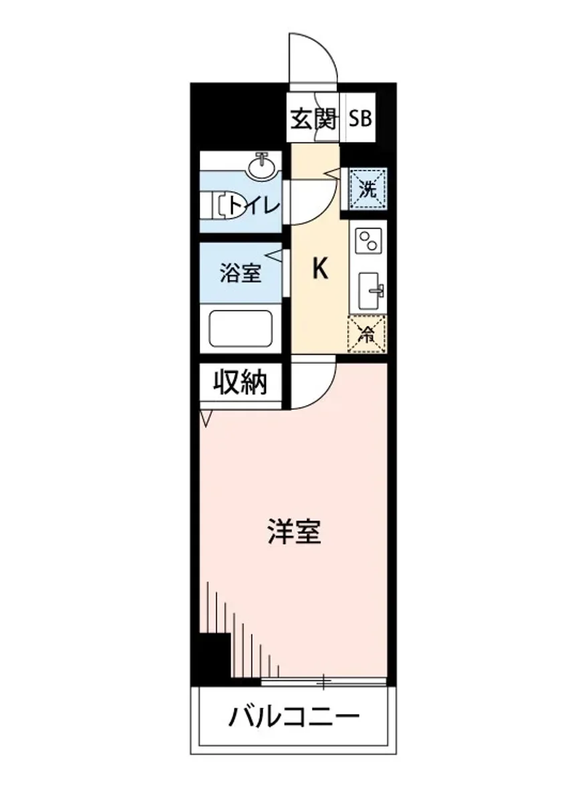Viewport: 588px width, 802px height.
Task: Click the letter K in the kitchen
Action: (x=320, y=269)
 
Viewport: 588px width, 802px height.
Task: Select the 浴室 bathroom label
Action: (x=241, y=273)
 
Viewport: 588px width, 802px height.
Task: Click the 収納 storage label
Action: (x=241, y=382)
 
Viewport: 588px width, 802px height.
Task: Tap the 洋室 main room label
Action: (x=295, y=533)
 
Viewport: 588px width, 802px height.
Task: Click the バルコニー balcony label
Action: (x=295, y=718)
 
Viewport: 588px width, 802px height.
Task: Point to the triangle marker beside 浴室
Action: (x=275, y=255)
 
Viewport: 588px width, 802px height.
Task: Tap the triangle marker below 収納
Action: (x=206, y=418)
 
